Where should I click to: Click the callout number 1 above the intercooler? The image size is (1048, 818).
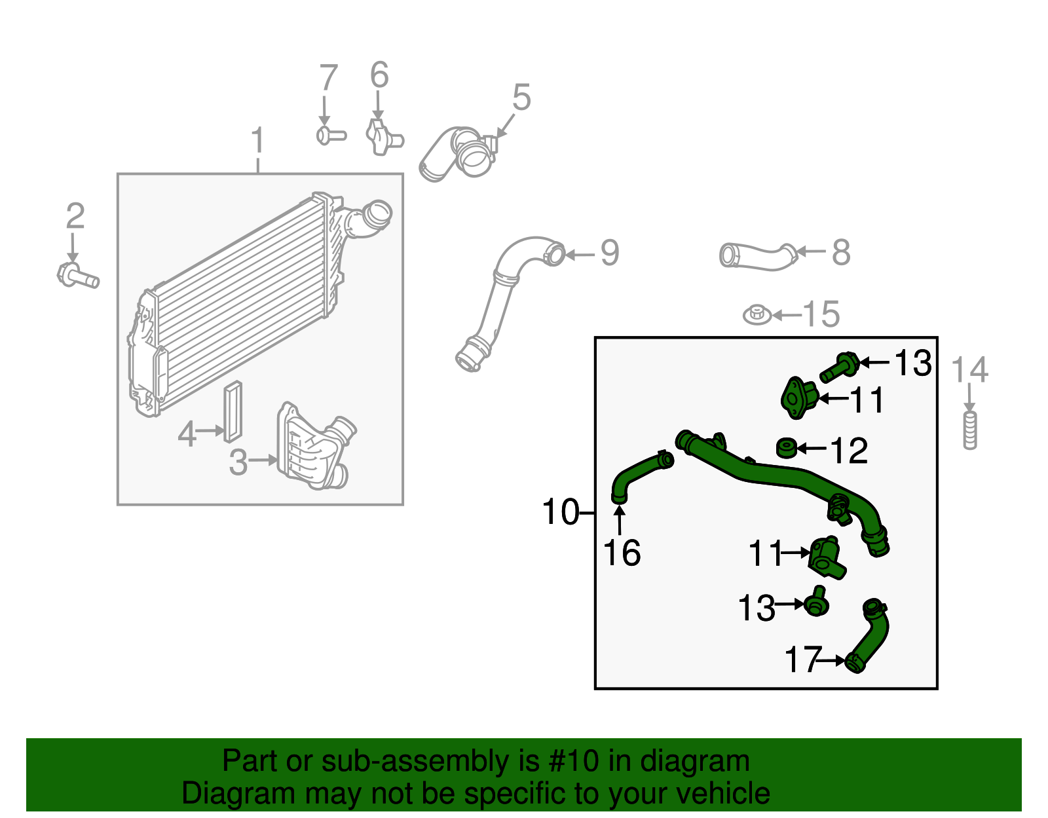tap(258, 141)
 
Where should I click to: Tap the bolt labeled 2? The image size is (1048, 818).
tap(77, 276)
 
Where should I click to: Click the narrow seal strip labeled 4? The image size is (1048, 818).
tap(233, 412)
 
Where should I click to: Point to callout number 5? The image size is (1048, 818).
tap(521, 98)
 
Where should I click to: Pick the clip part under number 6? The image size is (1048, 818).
tap(383, 136)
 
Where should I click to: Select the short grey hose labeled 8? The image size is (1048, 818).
tap(757, 256)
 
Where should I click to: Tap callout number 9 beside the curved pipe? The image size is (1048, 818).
tap(609, 253)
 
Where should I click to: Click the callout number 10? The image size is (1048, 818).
tap(561, 512)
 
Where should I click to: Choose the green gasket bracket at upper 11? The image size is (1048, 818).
tap(799, 397)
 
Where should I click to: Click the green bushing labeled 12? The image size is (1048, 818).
tap(786, 449)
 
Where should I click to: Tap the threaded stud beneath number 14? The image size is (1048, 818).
tap(970, 430)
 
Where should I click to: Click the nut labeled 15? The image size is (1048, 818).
tap(757, 315)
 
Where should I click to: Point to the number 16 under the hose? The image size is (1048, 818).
tap(622, 553)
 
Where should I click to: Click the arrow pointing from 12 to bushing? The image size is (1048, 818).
tap(812, 449)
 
